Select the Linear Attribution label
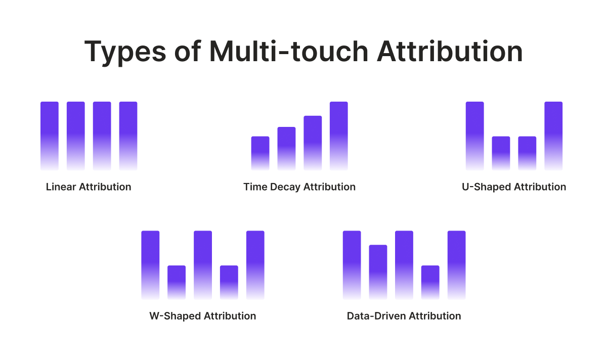pyautogui.click(x=89, y=187)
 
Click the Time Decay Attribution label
pyautogui.click(x=299, y=187)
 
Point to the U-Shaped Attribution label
pyautogui.click(x=514, y=187)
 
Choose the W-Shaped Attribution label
pyautogui.click(x=203, y=316)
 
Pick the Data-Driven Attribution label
pyautogui.click(x=404, y=316)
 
